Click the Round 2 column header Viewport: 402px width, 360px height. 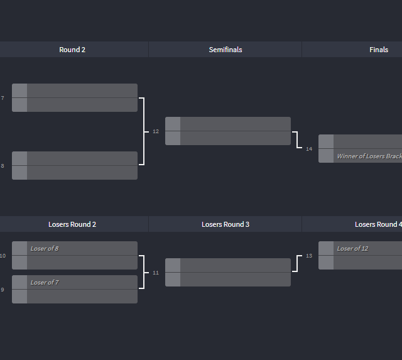72,50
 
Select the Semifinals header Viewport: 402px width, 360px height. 225,50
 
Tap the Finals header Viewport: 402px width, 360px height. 379,50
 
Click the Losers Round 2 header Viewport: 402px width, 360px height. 72,224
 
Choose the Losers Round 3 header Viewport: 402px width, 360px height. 225,224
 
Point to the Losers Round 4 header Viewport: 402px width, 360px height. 378,224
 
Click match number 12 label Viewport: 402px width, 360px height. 156,131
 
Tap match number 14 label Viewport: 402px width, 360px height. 309,149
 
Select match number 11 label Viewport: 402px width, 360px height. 156,273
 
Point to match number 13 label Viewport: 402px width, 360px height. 309,256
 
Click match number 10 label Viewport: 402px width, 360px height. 3,256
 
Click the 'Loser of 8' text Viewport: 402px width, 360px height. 45,249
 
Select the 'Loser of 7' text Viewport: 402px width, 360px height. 45,283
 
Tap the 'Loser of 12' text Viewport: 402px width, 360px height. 352,249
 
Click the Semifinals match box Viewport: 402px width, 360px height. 228,131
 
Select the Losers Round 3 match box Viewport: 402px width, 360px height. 228,273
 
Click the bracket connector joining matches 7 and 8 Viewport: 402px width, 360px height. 144,131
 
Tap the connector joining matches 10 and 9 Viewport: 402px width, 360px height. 144,272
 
